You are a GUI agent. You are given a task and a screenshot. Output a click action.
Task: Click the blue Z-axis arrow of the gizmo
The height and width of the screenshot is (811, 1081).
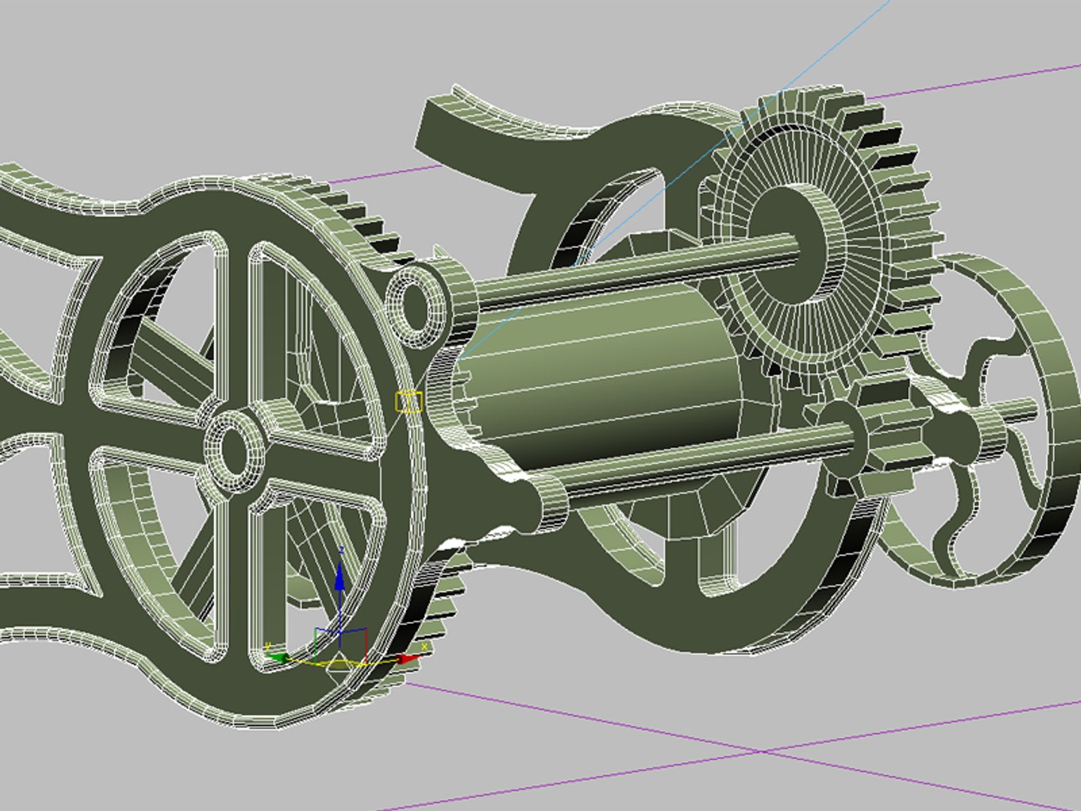coord(339,578)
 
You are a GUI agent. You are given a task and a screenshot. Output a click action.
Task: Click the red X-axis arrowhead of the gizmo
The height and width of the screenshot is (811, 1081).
coord(408,659)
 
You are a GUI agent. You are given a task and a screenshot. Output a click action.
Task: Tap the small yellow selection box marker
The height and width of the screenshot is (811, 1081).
coord(408,402)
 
